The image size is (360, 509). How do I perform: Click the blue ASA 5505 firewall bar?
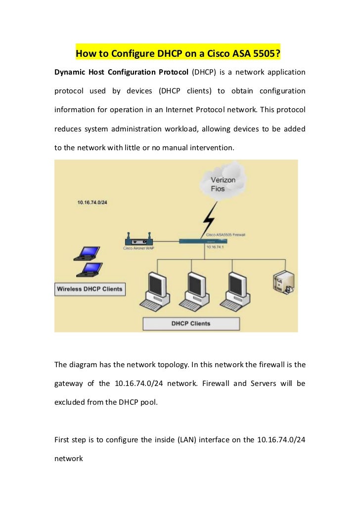click(203, 241)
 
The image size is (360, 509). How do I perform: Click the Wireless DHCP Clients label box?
click(90, 289)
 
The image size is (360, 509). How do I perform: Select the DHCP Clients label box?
click(191, 324)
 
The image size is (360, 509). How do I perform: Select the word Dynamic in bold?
click(70, 73)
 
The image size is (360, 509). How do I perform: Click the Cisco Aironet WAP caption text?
click(139, 248)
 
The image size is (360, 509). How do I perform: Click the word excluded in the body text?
click(70, 402)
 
